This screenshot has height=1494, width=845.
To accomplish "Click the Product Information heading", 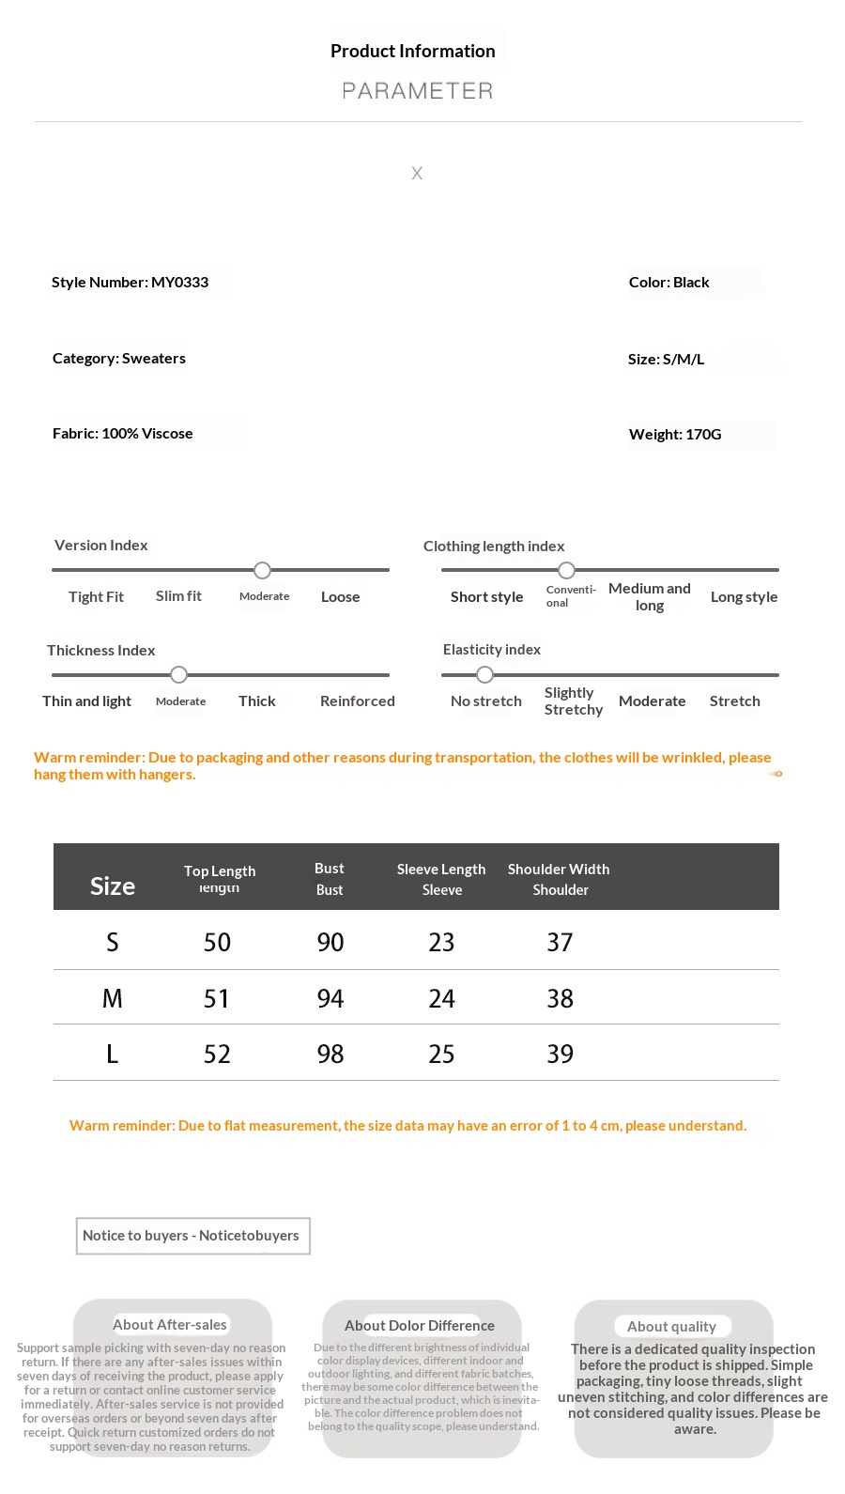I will point(412,52).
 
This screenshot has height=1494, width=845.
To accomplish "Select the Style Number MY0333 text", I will point(130,283).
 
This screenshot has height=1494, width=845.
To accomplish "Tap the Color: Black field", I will point(668,283).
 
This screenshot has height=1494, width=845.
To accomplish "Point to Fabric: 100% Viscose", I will point(122,434).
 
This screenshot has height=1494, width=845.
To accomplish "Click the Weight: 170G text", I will point(675,435).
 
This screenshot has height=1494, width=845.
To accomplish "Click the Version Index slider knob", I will point(263,571).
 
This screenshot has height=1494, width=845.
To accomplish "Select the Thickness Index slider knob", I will point(178,675).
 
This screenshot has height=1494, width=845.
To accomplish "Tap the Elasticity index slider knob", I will point(484,675).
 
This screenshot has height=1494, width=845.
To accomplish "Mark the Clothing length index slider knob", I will point(566,571).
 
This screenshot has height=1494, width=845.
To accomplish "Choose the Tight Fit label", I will point(96,597).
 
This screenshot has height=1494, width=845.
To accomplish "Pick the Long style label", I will point(744,597).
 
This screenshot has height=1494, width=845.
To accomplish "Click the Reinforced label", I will point(357,701).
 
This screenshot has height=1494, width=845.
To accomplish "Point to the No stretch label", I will point(485,701).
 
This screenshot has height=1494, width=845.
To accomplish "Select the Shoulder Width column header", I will point(559,870).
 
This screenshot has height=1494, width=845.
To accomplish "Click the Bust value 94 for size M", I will point(330,999).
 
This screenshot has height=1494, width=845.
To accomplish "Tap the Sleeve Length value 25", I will point(441,1055).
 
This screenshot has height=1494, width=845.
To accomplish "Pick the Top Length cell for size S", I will point(217,943).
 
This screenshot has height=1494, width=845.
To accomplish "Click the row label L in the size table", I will point(113,1055).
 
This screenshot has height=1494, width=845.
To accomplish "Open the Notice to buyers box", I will point(192,1236).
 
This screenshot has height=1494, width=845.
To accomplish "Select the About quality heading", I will point(671,1327).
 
